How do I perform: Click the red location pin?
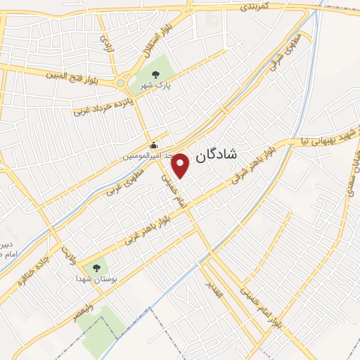(181, 165)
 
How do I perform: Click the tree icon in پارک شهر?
(155, 73)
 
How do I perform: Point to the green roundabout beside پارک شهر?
(120, 84)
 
